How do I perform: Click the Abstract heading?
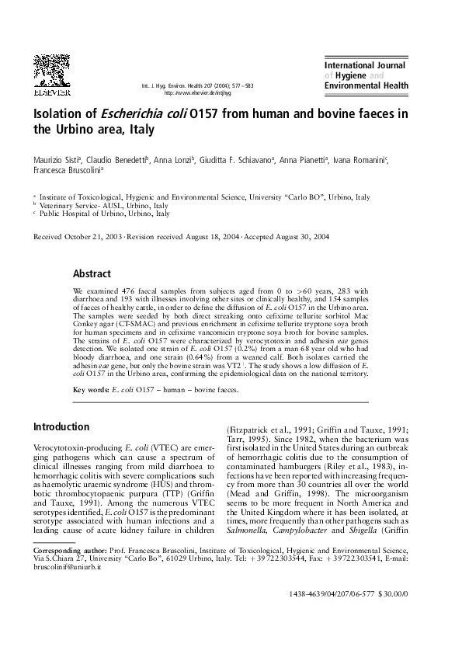coord(92,273)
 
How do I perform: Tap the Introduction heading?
coord(61,427)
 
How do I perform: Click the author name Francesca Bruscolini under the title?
coord(64,172)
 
